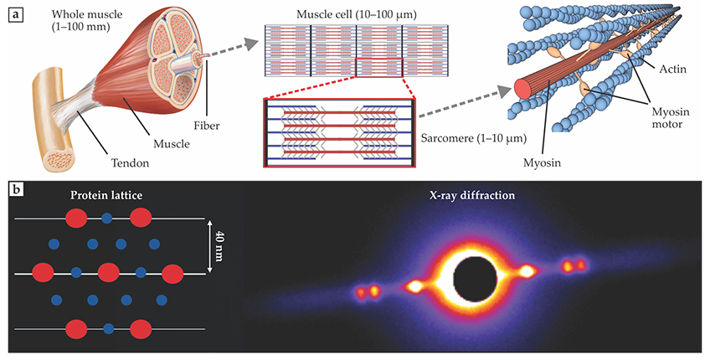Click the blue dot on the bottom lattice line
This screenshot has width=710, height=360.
(x=108, y=328)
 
